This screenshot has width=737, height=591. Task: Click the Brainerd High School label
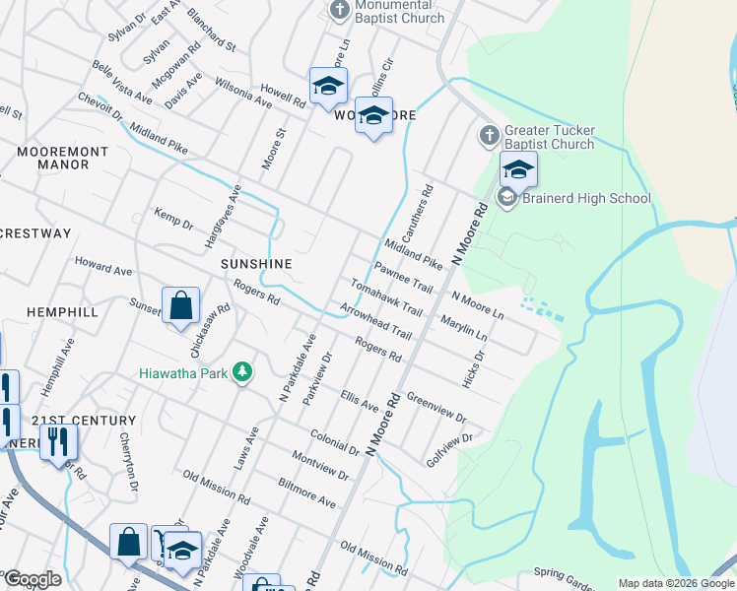pos(587,198)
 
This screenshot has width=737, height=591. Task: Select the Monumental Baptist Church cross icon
pos(340,11)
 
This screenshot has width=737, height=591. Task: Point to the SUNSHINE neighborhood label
pos(256,264)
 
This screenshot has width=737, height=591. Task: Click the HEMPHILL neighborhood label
pos(62,311)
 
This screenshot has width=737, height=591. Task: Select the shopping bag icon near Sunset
pos(181,307)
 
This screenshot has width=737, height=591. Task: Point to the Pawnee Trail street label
pos(403,277)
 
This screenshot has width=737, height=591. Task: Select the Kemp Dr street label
pos(173,218)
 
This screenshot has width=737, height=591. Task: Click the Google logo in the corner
pos(32,579)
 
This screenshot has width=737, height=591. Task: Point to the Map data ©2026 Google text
pos(675,583)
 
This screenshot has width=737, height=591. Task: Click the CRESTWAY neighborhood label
pos(35,233)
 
